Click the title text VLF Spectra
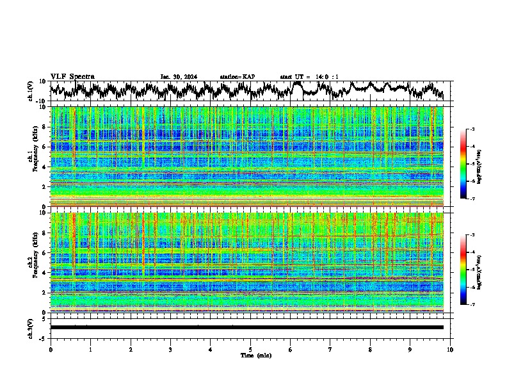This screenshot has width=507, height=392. click(x=72, y=77)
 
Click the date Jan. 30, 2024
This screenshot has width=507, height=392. click(x=179, y=77)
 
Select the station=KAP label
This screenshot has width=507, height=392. click(x=237, y=77)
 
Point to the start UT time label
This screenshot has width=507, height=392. click(x=309, y=77)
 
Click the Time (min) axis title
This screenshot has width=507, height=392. click(x=255, y=355)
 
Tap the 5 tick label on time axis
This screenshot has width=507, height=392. click(x=250, y=350)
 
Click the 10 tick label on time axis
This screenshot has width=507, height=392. click(x=450, y=350)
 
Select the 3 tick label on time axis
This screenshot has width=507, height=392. click(x=170, y=350)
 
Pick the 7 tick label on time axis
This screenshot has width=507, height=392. click(x=330, y=350)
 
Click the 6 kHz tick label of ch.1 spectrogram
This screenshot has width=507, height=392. click(x=45, y=147)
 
